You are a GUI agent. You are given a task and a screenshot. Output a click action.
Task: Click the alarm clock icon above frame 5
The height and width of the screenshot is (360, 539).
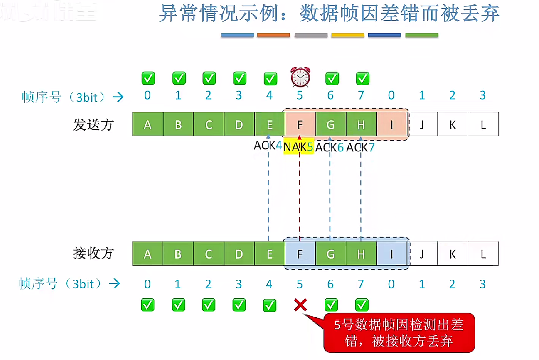click(x=300, y=77)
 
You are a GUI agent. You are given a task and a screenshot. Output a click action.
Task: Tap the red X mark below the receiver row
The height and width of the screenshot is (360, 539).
click(x=300, y=305)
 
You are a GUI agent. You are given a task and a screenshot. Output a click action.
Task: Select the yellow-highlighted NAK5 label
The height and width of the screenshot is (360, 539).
click(x=298, y=147)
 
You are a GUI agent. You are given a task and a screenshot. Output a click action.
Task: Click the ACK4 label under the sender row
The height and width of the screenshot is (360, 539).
click(x=268, y=146)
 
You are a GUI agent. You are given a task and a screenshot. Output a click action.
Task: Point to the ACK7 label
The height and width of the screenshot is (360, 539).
click(x=361, y=147)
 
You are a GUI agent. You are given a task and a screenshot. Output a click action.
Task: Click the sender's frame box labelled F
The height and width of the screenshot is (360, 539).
click(x=300, y=124)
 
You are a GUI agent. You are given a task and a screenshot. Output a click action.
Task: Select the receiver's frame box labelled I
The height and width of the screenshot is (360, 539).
click(x=392, y=254)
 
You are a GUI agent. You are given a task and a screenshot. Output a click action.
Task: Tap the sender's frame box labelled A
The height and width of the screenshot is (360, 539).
click(x=148, y=124)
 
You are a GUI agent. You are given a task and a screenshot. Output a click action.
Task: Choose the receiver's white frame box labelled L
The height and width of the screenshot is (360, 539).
click(x=483, y=254)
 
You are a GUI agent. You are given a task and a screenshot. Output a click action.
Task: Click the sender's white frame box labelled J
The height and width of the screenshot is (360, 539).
click(x=422, y=124)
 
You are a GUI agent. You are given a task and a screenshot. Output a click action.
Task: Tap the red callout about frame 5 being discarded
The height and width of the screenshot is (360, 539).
click(x=399, y=333)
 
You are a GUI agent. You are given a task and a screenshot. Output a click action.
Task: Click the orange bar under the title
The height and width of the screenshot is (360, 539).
click(x=274, y=35)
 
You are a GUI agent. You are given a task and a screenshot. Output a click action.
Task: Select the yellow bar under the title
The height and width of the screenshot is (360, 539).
click(x=347, y=35)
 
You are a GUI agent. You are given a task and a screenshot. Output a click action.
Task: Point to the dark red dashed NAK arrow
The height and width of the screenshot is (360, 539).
click(x=299, y=194)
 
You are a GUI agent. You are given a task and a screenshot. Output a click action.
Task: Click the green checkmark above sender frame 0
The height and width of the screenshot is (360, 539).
click(x=148, y=78)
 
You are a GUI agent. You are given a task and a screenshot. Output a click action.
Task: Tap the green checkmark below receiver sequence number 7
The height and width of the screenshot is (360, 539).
click(x=361, y=305)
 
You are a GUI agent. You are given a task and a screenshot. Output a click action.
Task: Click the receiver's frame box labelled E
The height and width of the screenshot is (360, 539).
click(x=269, y=254)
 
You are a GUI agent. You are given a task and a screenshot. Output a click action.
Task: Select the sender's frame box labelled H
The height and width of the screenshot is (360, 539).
click(x=361, y=124)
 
